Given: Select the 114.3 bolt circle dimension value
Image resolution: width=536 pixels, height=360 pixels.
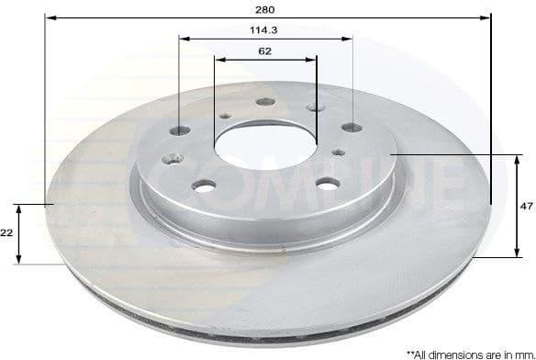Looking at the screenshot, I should coord(265,29).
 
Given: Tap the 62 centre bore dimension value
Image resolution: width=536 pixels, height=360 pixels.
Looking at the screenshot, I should coord(265,51).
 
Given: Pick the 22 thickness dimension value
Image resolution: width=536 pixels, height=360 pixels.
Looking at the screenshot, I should coord(6,233).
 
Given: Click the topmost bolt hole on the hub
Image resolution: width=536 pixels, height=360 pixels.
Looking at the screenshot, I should coord(266,103).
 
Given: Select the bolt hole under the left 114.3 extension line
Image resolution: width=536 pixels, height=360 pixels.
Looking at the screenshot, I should coord(179,130).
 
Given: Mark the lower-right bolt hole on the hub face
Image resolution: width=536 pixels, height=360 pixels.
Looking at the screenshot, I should coord(327,185).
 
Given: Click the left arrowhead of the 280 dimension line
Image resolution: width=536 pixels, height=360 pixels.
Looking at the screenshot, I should coord(49,17).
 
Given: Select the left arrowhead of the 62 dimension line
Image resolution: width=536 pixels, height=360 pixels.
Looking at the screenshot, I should coord(218,60).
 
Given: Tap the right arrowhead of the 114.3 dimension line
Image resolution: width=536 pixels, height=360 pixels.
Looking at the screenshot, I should coord(348,39).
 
